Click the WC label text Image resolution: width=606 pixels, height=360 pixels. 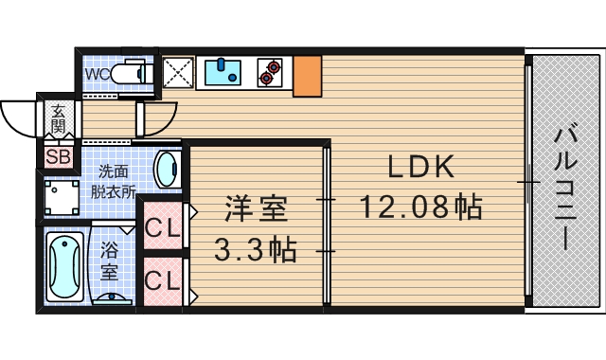point(97,72)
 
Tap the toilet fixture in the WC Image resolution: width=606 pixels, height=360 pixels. point(130,72)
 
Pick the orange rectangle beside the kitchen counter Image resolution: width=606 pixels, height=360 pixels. point(307,76)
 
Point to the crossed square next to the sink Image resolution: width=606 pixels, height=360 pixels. point(178,72)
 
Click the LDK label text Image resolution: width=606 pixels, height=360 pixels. point(420,168)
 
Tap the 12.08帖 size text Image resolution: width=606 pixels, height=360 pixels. point(420,206)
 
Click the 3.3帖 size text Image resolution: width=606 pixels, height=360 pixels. point(255,250)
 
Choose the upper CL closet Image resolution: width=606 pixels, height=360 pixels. point(162,228)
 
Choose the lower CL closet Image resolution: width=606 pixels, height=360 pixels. point(162,280)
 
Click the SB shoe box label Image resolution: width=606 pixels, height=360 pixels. point(58,156)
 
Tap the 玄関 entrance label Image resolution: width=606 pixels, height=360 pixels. point(58,117)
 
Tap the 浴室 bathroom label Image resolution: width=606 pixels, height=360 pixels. point(110,261)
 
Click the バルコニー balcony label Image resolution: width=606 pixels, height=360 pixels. point(566,186)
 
